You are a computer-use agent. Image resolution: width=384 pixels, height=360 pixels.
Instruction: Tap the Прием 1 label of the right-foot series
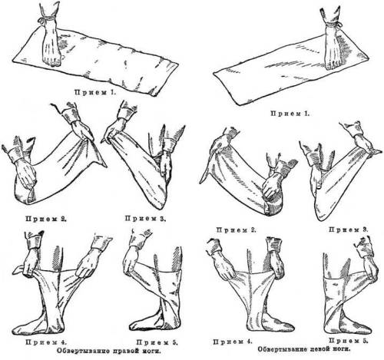click(x=95, y=92)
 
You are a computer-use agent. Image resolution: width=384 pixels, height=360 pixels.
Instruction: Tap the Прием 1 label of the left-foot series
click(x=290, y=114)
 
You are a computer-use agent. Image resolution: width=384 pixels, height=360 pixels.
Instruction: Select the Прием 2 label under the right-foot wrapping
click(x=46, y=219)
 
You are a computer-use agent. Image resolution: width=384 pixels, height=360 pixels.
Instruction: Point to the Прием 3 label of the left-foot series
click(x=349, y=230)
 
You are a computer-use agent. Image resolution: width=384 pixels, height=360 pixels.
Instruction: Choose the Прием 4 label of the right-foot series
click(x=46, y=342)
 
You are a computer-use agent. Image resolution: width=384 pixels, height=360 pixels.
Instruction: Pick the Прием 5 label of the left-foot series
click(x=349, y=341)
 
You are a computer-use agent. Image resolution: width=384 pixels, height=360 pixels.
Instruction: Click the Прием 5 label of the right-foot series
click(x=157, y=342)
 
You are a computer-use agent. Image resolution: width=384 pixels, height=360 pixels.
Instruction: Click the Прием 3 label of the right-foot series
click(x=145, y=219)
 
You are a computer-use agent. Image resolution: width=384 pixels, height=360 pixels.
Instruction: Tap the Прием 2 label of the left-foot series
click(x=236, y=230)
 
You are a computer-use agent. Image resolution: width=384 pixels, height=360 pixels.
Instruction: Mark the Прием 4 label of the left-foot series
click(x=233, y=342)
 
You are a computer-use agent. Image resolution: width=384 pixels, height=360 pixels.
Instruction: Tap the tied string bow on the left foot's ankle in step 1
click(x=339, y=25)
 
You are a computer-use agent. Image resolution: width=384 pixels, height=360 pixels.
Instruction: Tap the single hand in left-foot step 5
click(x=370, y=269)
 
